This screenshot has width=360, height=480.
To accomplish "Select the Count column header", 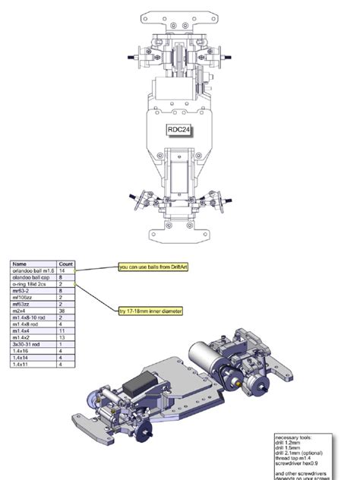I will [x=66, y=264].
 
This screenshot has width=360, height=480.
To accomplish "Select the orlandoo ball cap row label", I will [x=30, y=276].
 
